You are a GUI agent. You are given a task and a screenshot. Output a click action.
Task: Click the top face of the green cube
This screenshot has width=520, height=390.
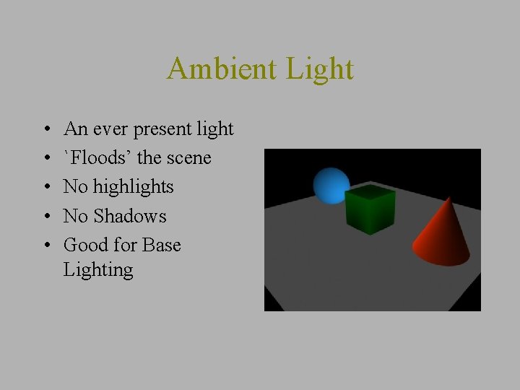click(x=370, y=193)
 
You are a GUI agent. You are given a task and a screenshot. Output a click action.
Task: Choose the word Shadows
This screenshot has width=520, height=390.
click(x=129, y=216)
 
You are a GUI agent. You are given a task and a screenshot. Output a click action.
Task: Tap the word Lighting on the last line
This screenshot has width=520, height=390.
click(x=98, y=269)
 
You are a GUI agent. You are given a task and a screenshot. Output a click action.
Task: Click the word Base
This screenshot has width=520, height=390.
click(x=161, y=245)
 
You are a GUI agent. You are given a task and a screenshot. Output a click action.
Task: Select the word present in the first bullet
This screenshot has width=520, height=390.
click(x=158, y=129)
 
